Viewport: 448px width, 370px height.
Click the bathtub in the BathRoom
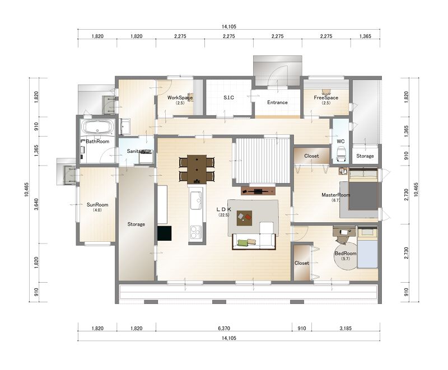click(97, 127)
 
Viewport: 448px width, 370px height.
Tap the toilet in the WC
click(340, 154)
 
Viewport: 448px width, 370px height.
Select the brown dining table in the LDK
click(197, 169)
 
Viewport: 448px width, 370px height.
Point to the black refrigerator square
click(164, 233)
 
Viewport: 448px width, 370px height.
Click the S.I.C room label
click(228, 97)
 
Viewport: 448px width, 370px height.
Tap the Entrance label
click(277, 102)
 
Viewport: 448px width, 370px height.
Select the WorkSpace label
click(180, 97)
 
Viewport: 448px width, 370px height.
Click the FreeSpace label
click(326, 97)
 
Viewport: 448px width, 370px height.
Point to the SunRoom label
click(97, 205)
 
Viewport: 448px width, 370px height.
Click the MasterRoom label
click(335, 195)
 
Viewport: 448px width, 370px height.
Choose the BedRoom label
click(346, 253)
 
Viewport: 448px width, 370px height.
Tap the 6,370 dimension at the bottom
click(223, 329)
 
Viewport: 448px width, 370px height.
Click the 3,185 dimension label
click(346, 329)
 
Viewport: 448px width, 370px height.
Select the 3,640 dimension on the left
click(36, 205)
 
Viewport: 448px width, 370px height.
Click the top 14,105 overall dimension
click(229, 27)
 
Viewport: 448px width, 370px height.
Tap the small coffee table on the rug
click(244, 218)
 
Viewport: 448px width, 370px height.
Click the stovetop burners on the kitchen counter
click(196, 232)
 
